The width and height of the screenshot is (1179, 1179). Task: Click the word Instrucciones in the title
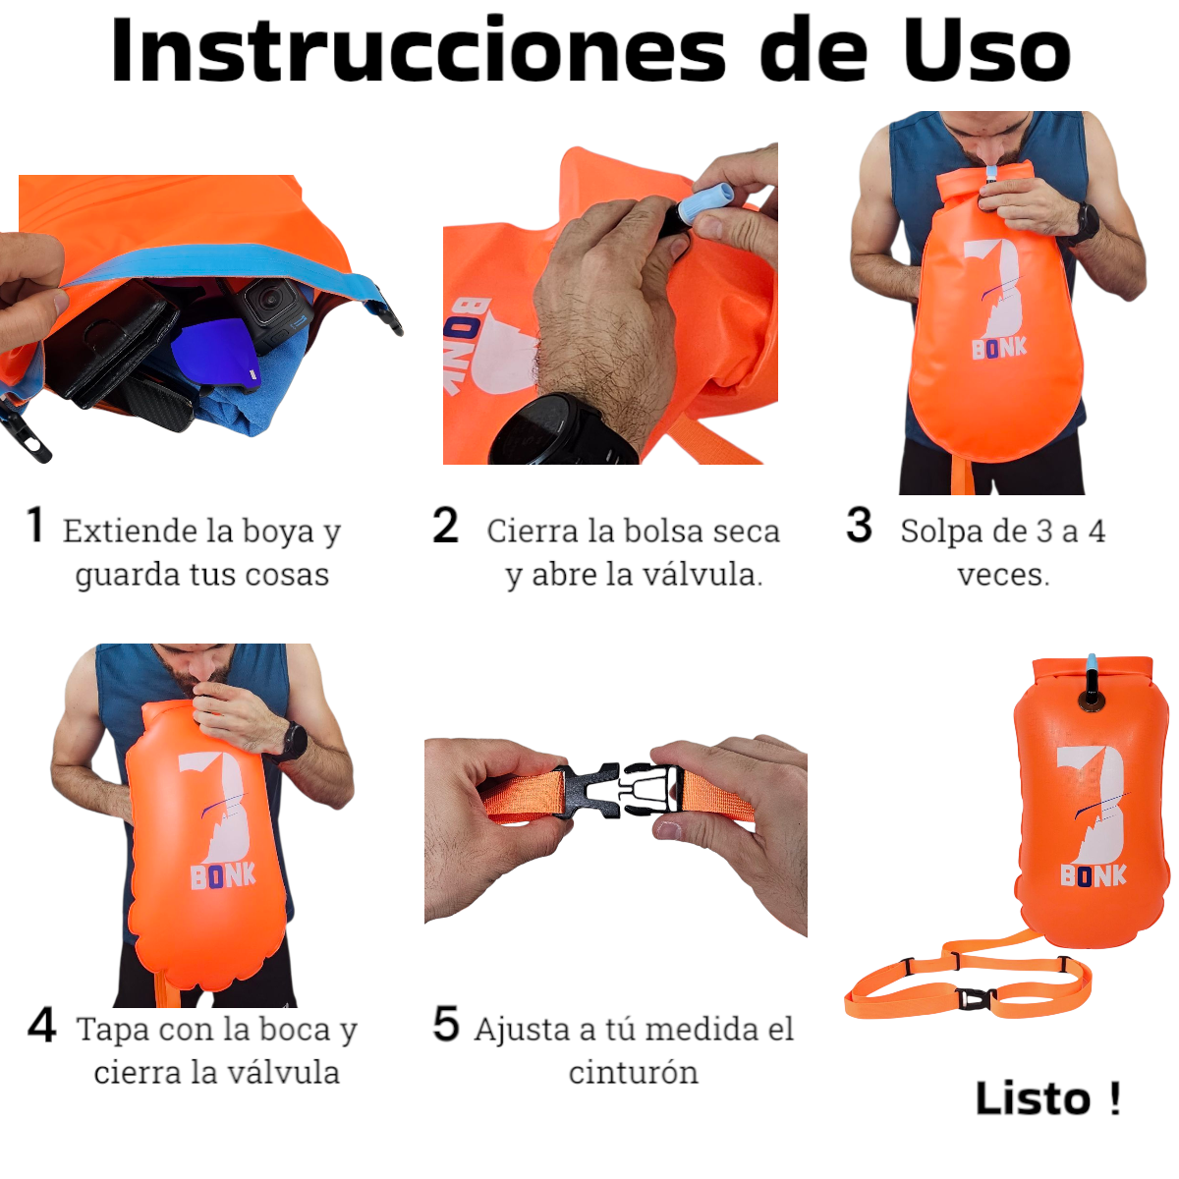point(419,51)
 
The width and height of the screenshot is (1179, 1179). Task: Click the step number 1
point(35,525)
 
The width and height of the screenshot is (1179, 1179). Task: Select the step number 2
point(445,525)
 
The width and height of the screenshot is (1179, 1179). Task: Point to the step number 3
point(859,525)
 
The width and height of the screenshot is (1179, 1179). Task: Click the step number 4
point(41,1026)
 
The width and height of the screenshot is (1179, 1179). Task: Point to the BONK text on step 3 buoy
point(999,349)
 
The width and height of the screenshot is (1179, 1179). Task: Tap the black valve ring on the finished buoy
point(1090,699)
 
